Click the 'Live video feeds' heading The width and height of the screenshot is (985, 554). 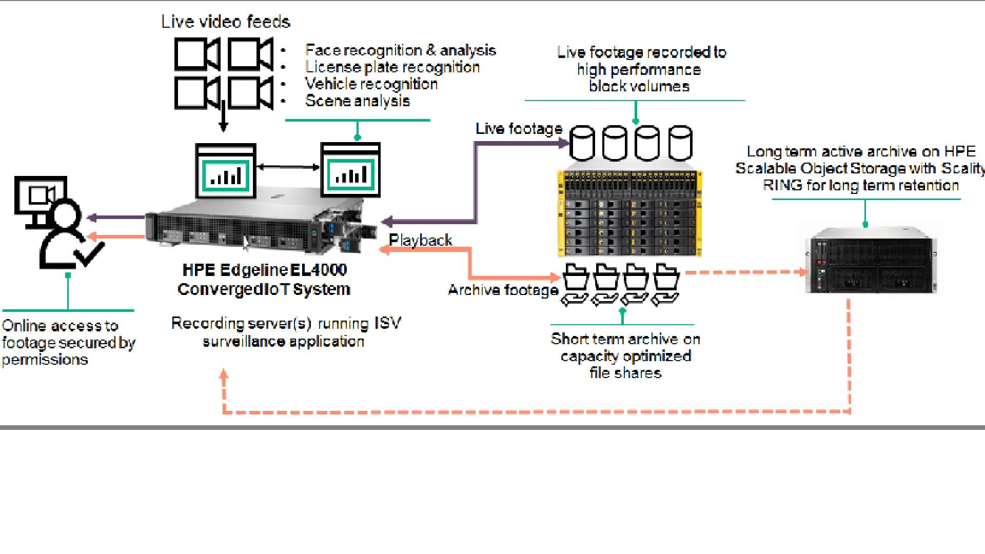226,22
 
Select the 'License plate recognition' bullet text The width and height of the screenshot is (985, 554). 392,67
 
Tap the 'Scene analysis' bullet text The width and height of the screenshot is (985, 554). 358,101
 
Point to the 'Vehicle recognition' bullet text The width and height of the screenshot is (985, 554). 371,84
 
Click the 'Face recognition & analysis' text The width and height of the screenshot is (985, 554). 400,50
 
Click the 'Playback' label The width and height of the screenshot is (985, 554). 421,240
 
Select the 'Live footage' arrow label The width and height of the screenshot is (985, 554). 519,129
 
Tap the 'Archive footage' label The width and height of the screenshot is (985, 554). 503,290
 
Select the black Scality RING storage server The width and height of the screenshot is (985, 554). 871,263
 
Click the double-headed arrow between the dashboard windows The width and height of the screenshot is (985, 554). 288,167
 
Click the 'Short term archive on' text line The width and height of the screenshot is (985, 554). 625,339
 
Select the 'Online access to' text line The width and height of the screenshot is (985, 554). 60,326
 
